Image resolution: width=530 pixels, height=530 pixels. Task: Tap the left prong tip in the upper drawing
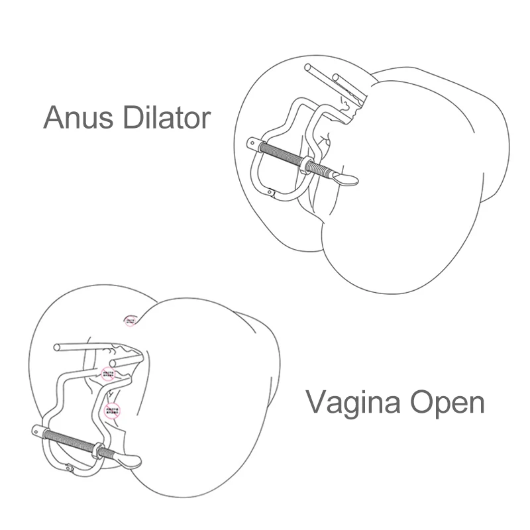(307, 68)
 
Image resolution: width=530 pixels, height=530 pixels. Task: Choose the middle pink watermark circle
(108, 375)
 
